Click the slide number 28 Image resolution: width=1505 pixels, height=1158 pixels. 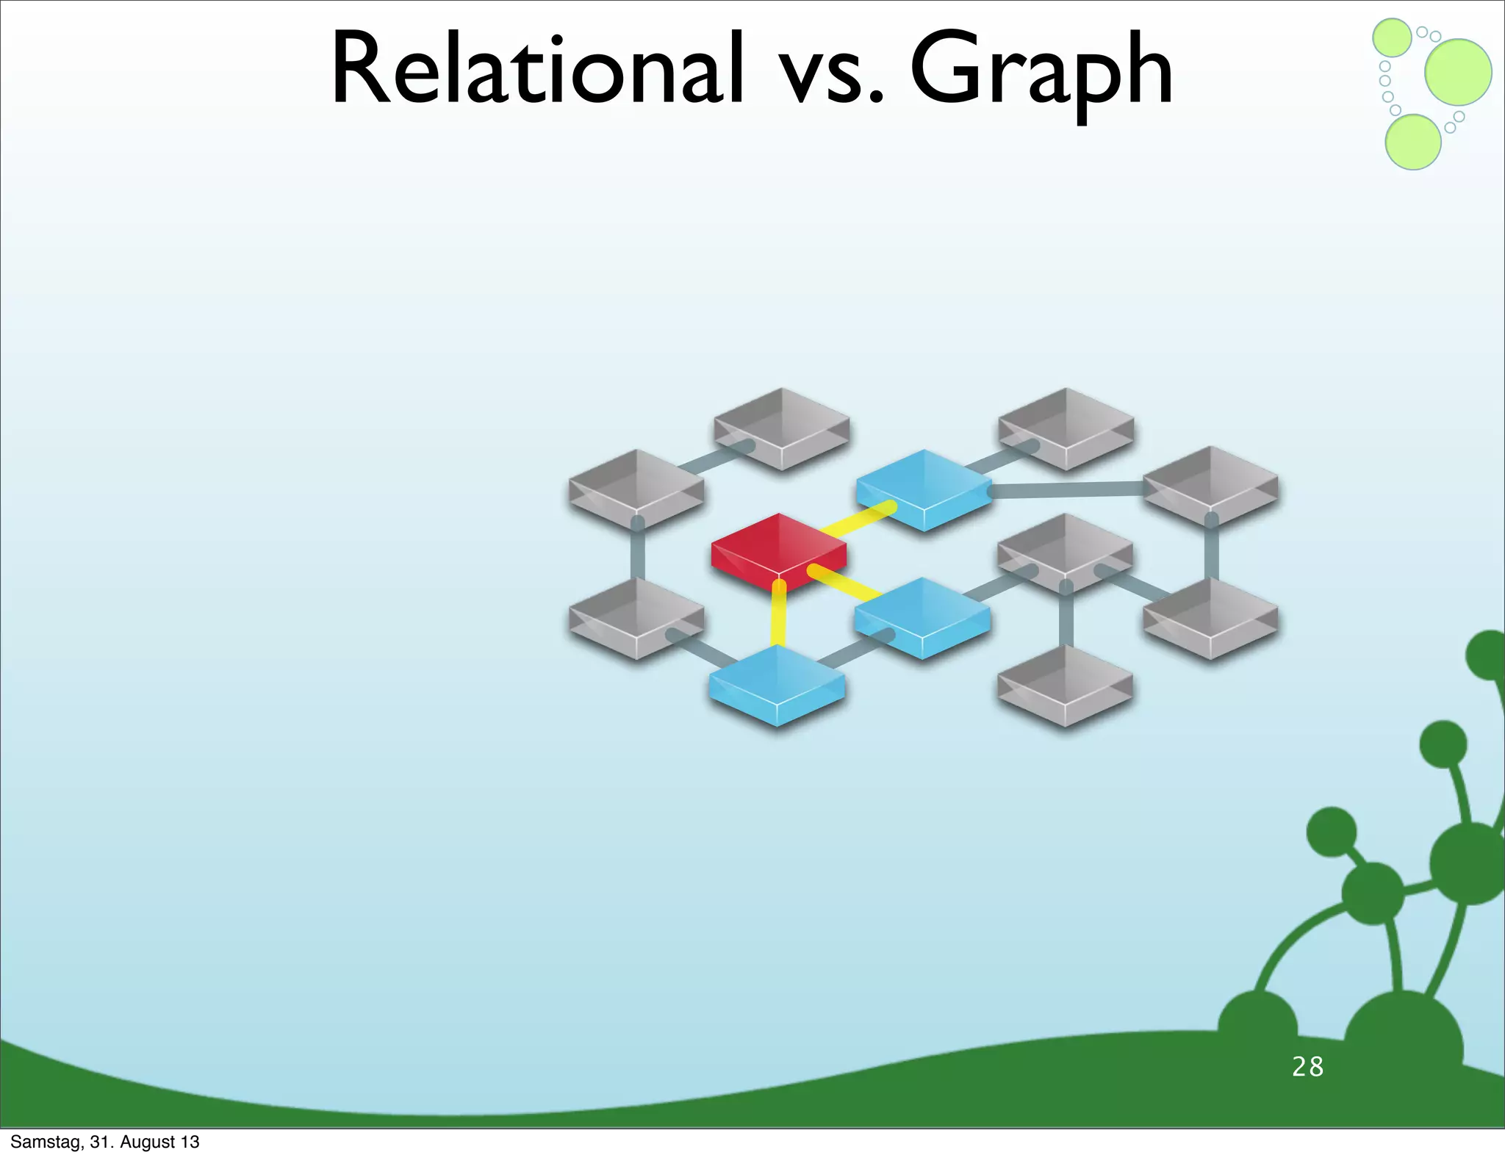point(1307,1067)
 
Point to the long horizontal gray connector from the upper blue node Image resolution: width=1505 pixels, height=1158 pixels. point(1066,489)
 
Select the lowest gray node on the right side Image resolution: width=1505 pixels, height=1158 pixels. point(1065,685)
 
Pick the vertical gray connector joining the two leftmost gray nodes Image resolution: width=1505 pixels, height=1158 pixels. point(638,553)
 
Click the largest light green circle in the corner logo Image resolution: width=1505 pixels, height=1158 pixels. point(1458,72)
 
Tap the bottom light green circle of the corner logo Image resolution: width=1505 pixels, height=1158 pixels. point(1412,142)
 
